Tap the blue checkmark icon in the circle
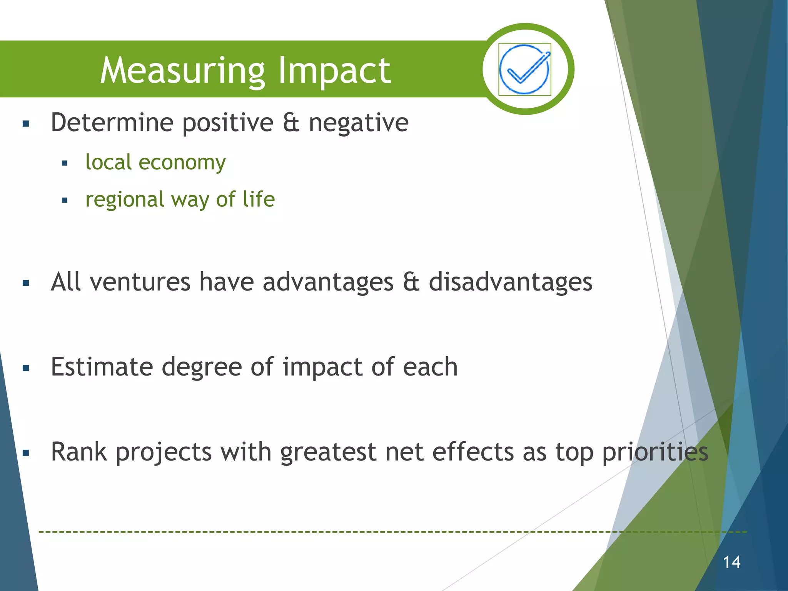coord(524,69)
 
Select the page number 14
coord(731,562)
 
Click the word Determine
coord(112,123)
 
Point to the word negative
coord(359,123)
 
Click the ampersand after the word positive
coord(291,123)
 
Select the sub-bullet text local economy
coord(155,162)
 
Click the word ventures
coord(140,282)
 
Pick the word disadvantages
coord(510,282)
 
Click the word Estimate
coord(102,367)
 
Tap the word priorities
coord(655,452)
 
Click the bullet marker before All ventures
coord(26,284)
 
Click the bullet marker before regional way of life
coord(64,200)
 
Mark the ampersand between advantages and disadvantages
coord(411,282)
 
